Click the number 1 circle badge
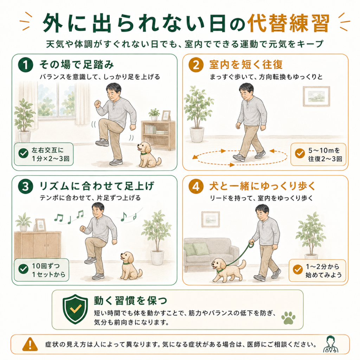25,65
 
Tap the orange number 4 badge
196,186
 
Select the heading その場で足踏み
77,65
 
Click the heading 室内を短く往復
246,65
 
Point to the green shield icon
75,309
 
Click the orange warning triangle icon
30,345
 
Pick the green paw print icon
288,318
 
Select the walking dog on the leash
228,269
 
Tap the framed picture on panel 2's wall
316,96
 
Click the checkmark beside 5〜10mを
300,153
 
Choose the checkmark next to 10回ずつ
24,269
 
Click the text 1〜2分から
322,266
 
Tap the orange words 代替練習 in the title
289,23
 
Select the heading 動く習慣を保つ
130,301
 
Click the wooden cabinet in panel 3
38,244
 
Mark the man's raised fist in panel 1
98,104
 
